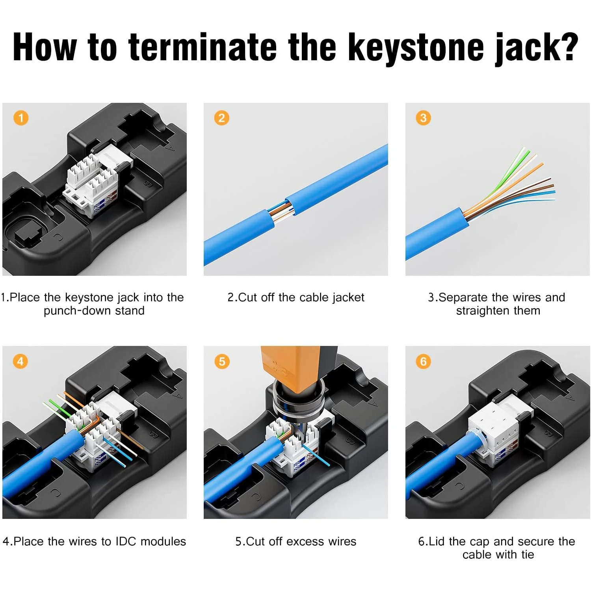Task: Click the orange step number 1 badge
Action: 21,118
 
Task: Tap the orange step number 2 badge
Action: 221,118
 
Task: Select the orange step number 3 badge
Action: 423,118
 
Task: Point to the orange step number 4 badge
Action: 20,361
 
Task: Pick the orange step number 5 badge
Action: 222,361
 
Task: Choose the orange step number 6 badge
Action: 423,361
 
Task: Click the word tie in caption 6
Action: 527,555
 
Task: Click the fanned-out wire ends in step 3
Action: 512,183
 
